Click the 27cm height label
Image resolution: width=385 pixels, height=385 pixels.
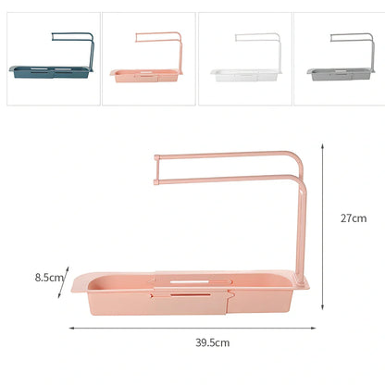pos(353,218)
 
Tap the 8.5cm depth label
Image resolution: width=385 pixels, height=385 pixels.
pos(48,276)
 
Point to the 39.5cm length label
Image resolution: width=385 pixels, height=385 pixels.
pos(212,342)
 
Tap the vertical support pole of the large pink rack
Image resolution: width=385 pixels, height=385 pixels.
pos(302,227)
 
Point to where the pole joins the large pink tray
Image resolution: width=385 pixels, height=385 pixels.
pos(300,275)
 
